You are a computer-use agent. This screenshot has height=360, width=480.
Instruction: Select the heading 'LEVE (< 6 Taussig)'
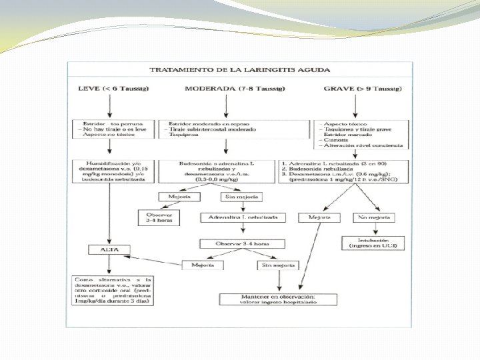113,89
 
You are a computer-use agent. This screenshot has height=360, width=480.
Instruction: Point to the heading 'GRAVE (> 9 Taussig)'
357,89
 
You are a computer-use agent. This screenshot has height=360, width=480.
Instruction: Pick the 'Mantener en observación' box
279,299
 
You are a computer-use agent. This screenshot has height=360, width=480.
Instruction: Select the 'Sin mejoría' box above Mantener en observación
275,265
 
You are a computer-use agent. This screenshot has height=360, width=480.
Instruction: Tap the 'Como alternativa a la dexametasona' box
113,290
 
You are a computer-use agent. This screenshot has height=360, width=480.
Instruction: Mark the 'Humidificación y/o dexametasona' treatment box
113,170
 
